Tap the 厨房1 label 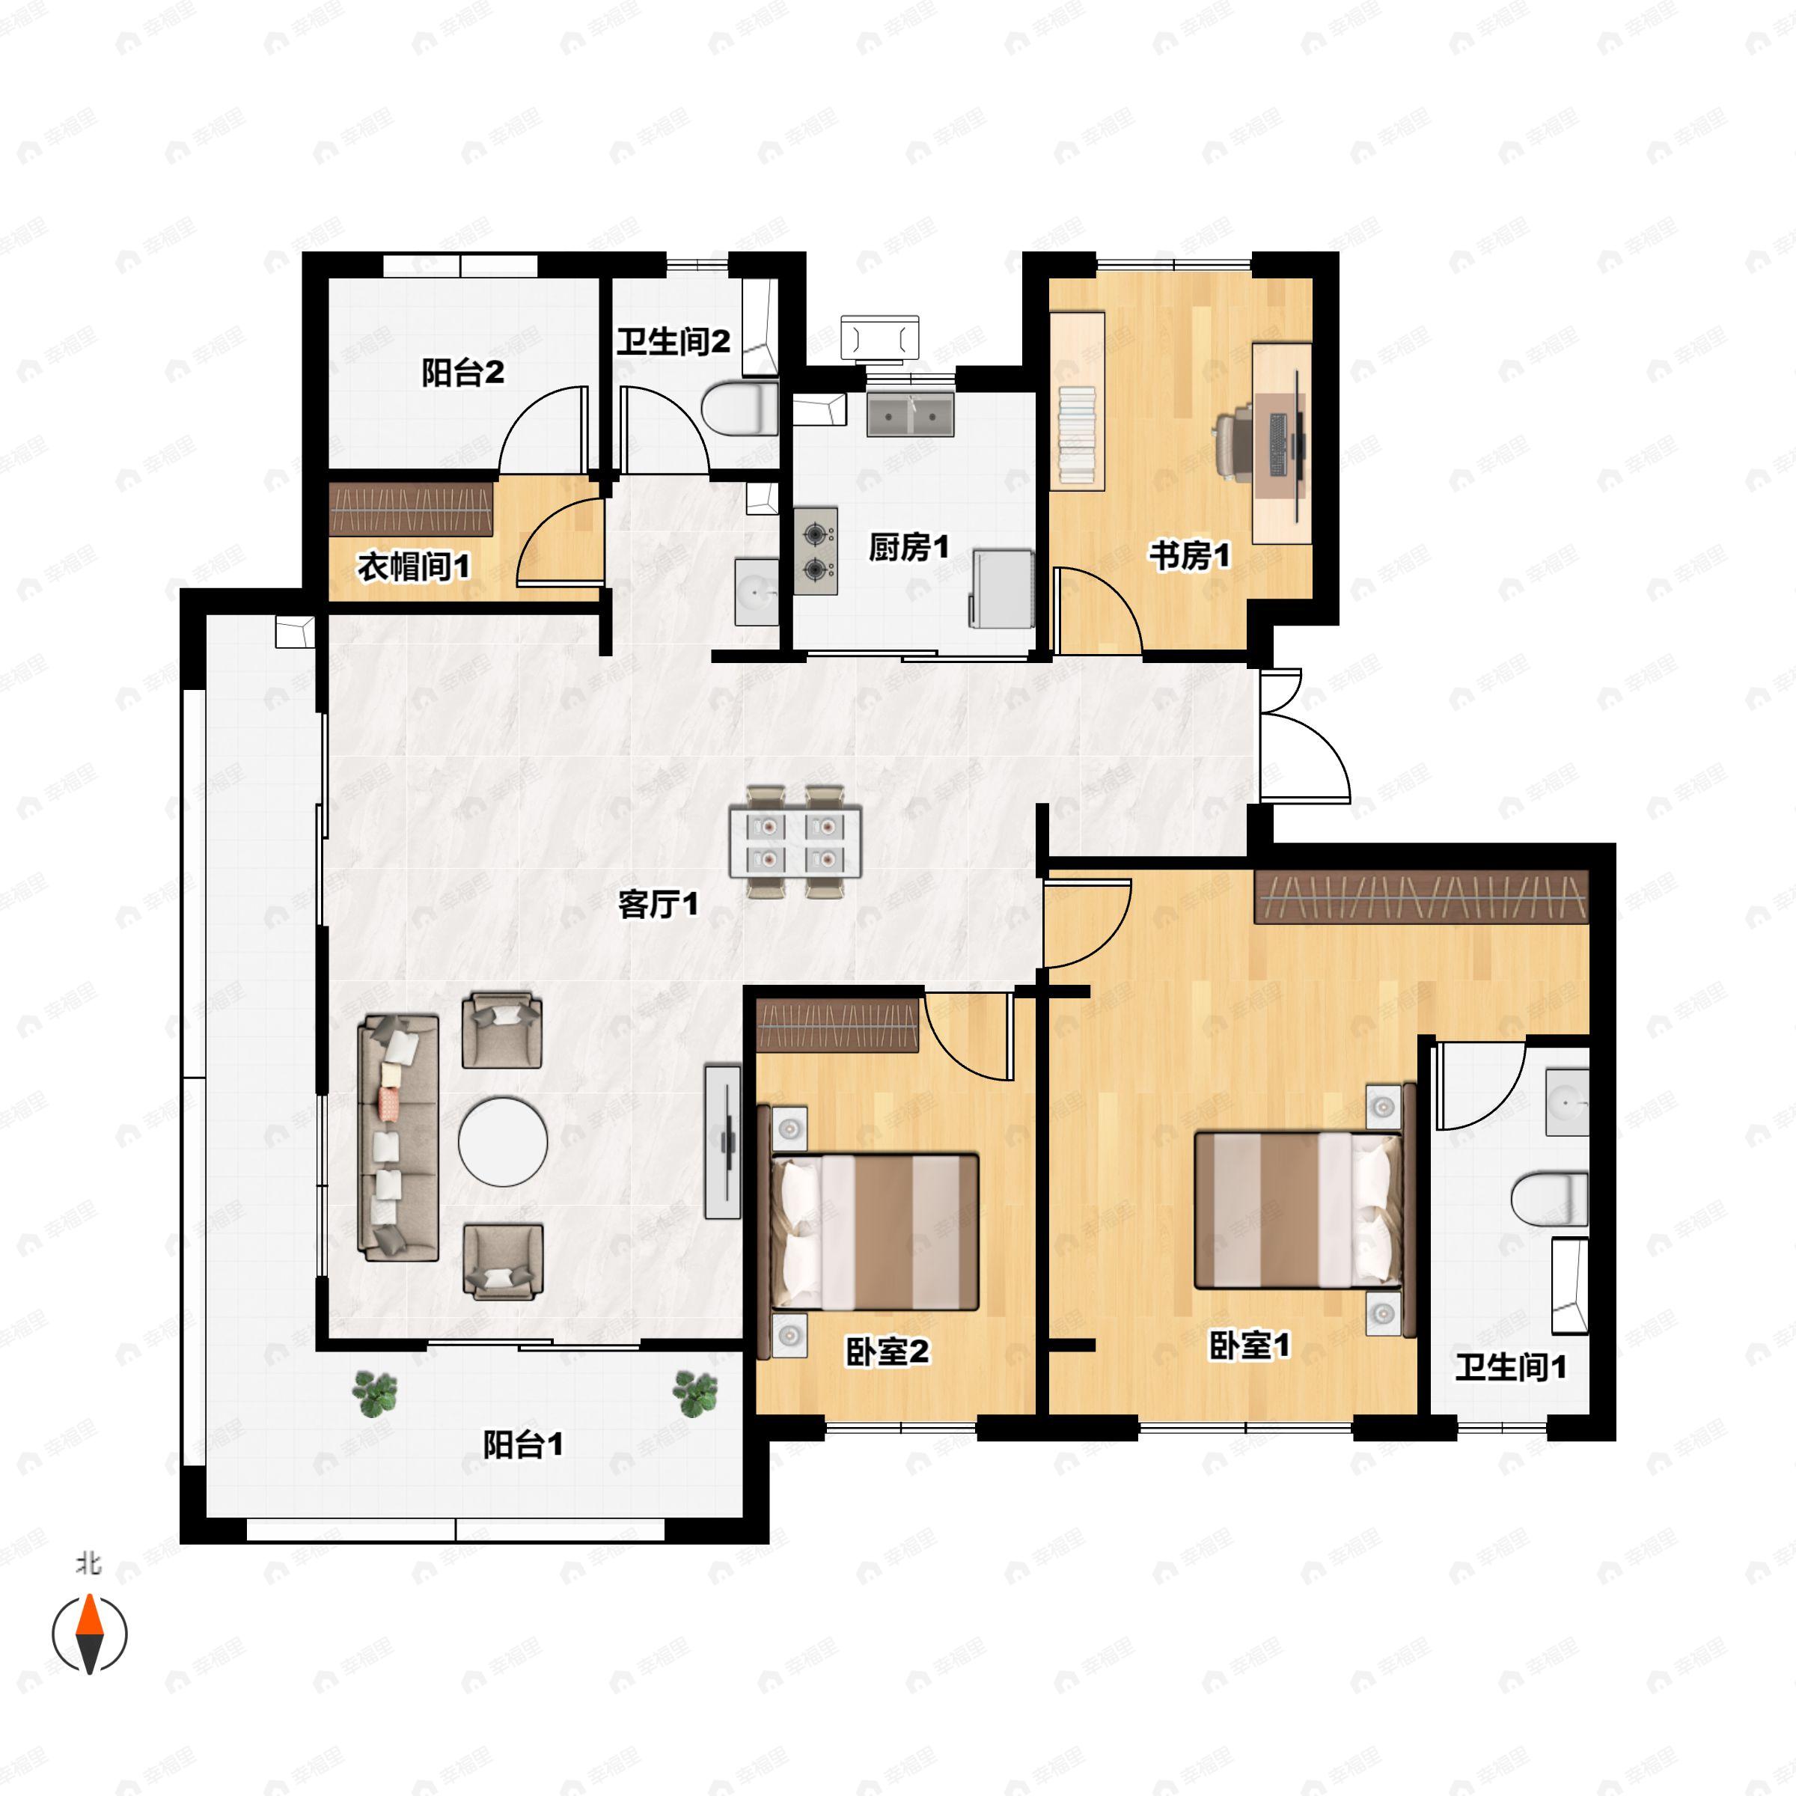[908, 548]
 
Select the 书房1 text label [1189, 556]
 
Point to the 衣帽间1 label [414, 566]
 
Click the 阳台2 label [463, 373]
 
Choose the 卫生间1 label [1511, 1366]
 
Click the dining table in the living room [795, 842]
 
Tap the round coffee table [503, 1141]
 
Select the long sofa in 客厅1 [399, 1137]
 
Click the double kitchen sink [910, 415]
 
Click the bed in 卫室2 [874, 1233]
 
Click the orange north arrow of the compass [89, 1615]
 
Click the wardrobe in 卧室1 [1420, 897]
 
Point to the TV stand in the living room [723, 1141]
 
